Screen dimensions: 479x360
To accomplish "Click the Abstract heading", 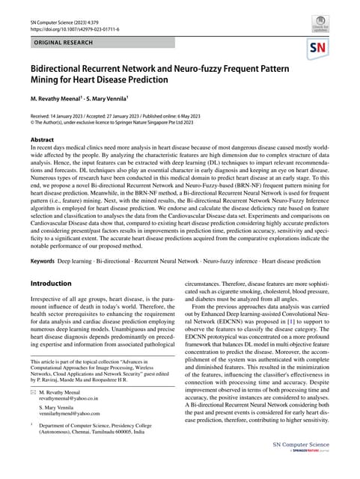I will [x=42, y=159].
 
